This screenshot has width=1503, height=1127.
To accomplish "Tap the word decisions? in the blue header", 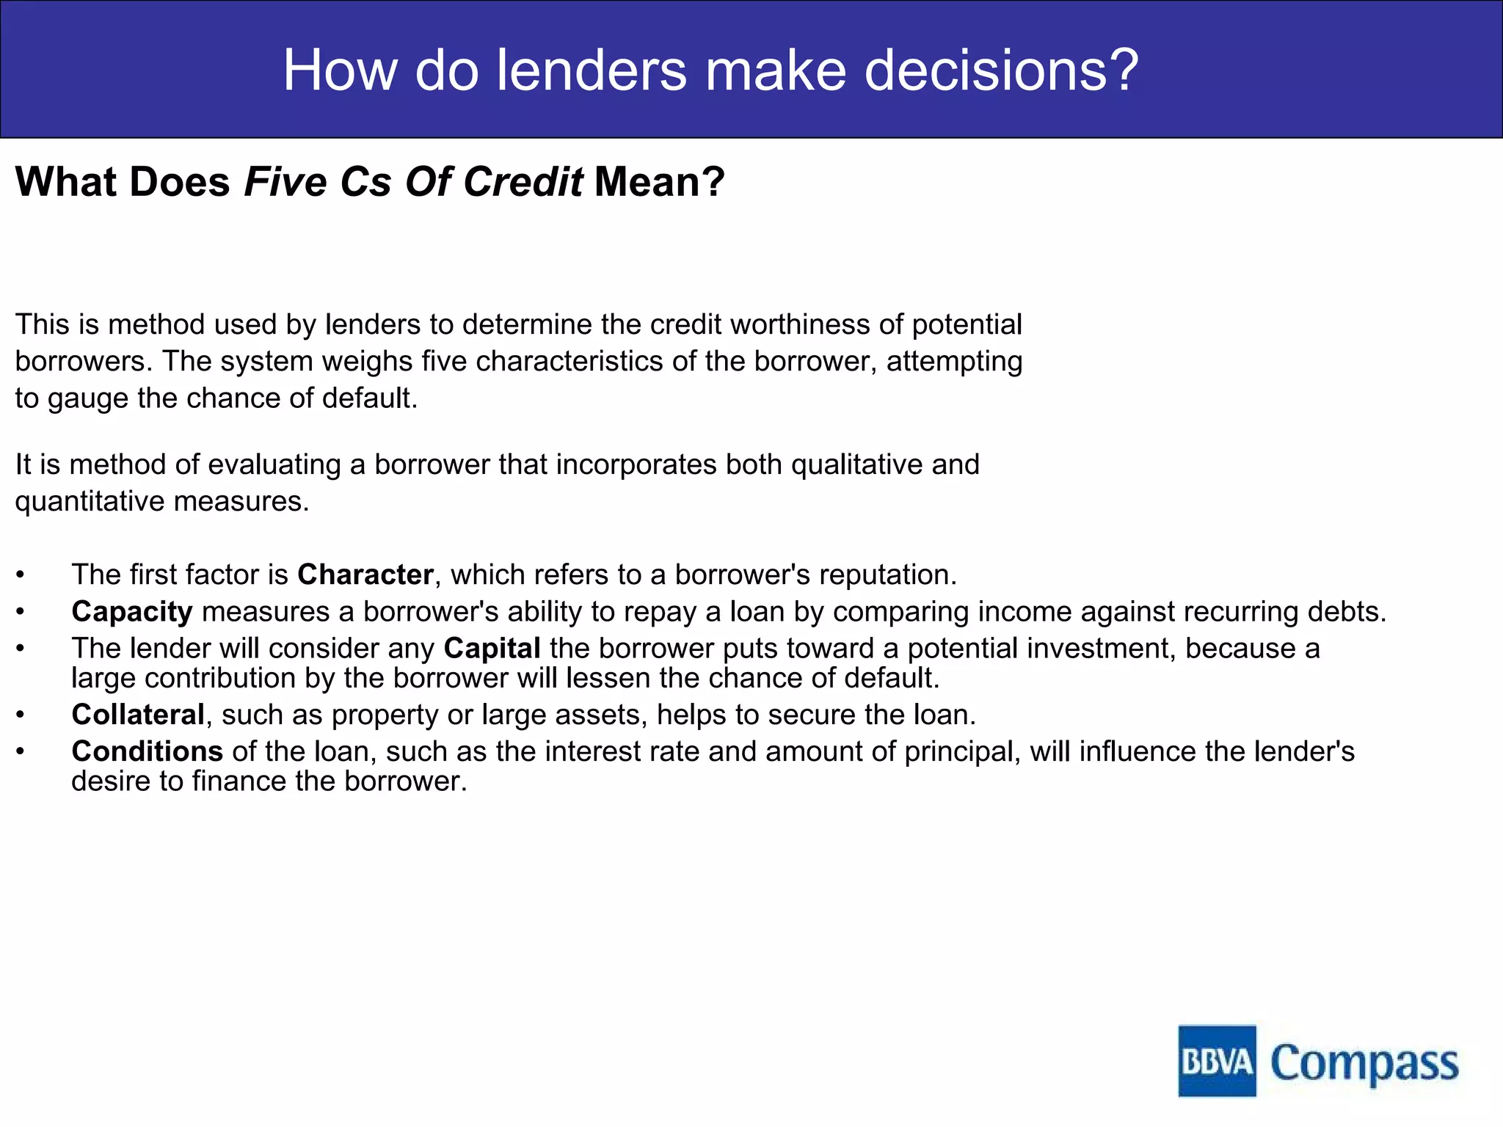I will pos(1002,70).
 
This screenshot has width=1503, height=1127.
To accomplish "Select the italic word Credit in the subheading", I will pos(523,181).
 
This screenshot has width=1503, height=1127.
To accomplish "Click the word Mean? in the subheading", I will pos(659,181).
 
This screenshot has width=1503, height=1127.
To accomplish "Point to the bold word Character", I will pos(365,575).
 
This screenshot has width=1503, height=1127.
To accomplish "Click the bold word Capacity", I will pos(132,612).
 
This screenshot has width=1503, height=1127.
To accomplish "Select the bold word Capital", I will pos(492,649).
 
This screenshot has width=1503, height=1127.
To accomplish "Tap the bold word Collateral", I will pos(138,715).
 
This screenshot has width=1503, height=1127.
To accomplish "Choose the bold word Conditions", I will pos(147,751).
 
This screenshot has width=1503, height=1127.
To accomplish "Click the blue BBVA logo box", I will pos(1217,1061).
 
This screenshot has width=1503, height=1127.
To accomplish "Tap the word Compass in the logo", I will pos(1364,1063).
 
